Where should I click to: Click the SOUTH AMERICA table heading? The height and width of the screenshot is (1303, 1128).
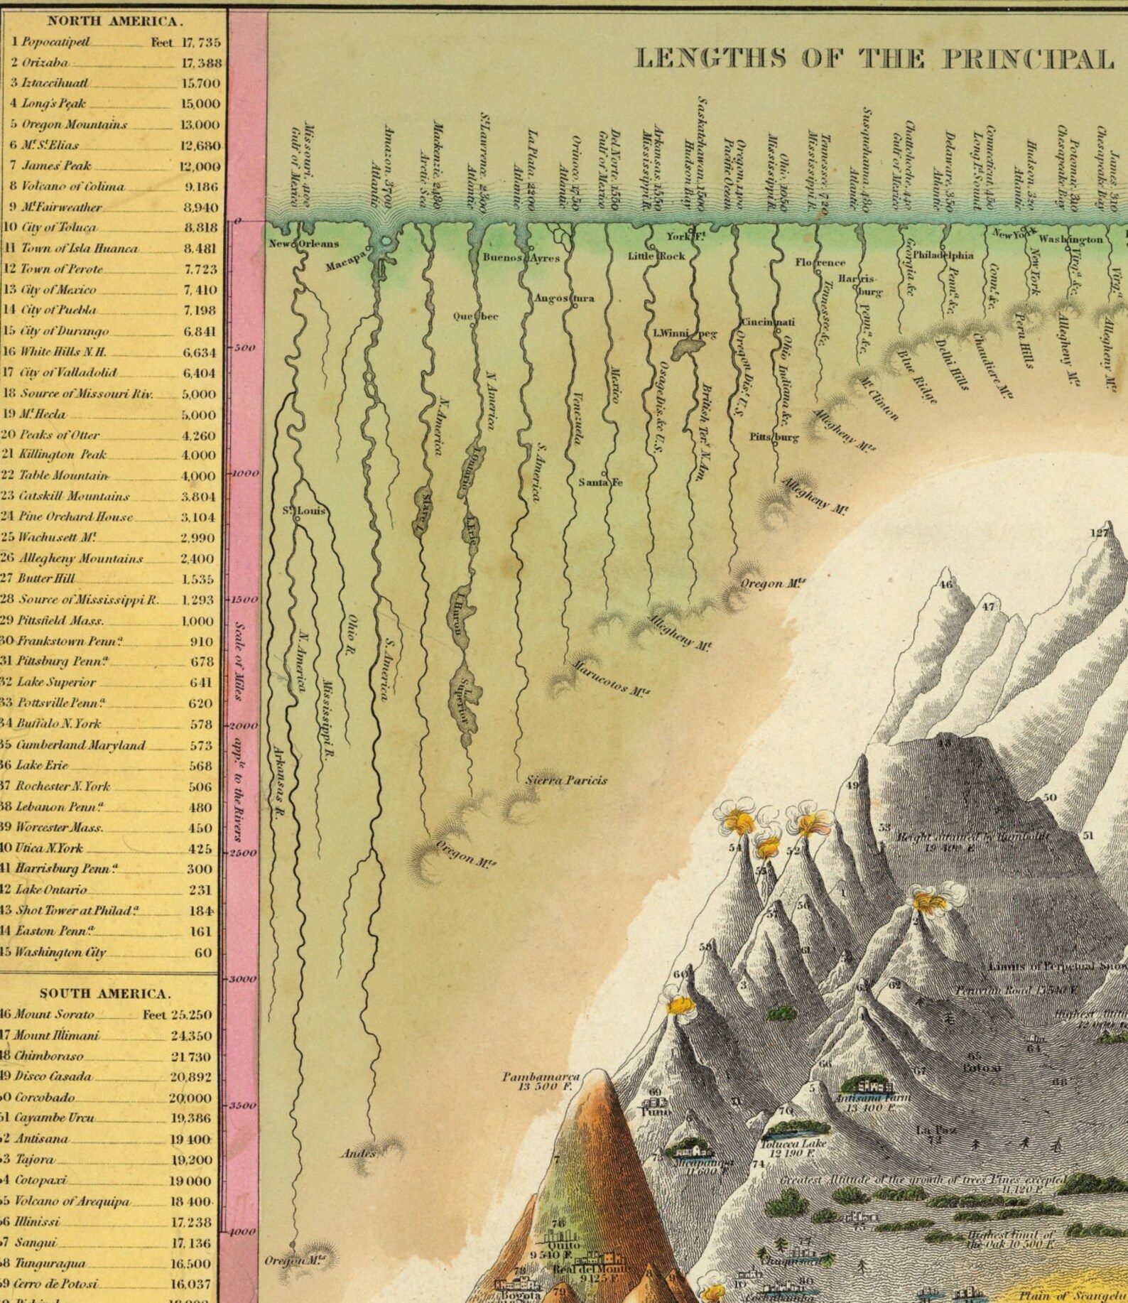(105, 993)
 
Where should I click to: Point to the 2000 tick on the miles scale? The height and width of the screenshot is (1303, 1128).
(243, 726)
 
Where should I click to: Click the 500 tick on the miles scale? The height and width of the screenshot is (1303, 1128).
(243, 348)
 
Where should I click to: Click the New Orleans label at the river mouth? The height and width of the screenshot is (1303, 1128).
(303, 244)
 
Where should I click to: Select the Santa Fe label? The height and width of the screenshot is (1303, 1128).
(600, 482)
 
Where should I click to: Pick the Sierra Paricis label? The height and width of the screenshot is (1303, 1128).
(566, 780)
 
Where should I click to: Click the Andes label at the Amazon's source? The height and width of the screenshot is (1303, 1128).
(358, 1153)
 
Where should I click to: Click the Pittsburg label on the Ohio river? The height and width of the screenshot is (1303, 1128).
(774, 437)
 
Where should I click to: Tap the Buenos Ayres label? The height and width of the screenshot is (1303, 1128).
(521, 258)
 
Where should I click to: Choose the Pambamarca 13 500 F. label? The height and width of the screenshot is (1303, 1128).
(541, 1081)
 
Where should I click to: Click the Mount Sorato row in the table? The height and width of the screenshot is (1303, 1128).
(54, 1015)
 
